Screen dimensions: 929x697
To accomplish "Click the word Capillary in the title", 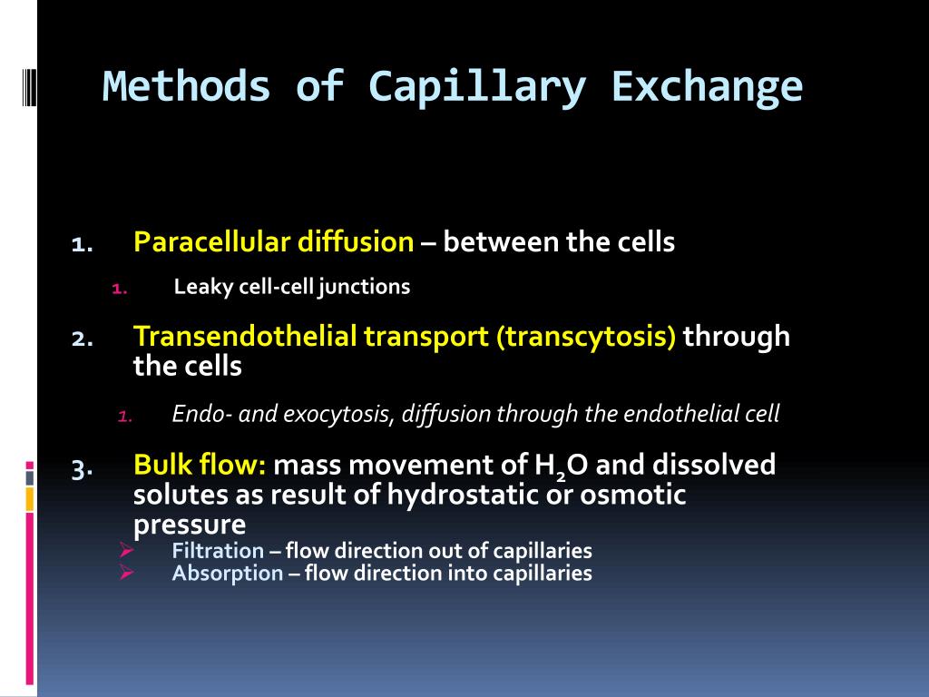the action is pyautogui.click(x=477, y=88).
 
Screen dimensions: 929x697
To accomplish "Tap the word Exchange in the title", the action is pyautogui.click(x=707, y=87).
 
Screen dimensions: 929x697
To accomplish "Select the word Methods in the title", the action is pyautogui.click(x=187, y=86).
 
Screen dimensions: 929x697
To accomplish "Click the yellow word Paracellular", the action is pyautogui.click(x=212, y=241).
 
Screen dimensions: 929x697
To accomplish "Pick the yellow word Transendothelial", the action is pyautogui.click(x=245, y=336).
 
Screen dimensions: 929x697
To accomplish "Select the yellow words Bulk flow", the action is pyautogui.click(x=200, y=464).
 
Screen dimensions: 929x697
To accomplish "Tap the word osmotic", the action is pyautogui.click(x=632, y=495).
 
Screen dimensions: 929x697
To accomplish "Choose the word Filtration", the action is pyautogui.click(x=218, y=551).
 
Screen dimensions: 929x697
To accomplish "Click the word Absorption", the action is pyautogui.click(x=228, y=574).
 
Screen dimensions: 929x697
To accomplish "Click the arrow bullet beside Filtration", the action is pyautogui.click(x=126, y=550).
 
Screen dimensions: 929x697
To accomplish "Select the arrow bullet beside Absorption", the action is pyautogui.click(x=126, y=573).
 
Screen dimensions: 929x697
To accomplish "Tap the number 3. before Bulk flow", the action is pyautogui.click(x=83, y=469).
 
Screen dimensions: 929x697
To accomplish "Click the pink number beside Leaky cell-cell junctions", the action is pyautogui.click(x=120, y=290).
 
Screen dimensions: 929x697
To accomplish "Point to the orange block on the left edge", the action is pyautogui.click(x=30, y=499).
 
